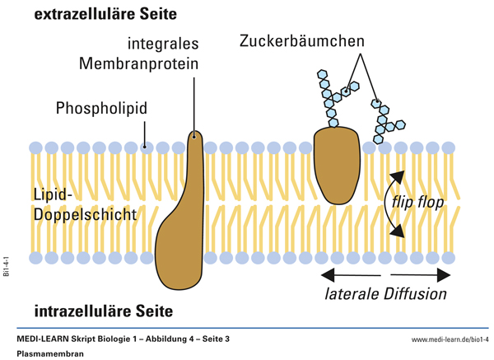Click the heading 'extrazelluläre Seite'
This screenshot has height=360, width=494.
[x=105, y=14]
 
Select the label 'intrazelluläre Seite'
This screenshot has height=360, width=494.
[x=103, y=311]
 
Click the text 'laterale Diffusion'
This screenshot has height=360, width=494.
[x=384, y=293]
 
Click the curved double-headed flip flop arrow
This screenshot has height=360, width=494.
[x=394, y=202]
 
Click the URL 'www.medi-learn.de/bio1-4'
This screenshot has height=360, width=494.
[x=444, y=339]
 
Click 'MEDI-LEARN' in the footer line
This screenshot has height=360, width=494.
[x=43, y=339]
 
